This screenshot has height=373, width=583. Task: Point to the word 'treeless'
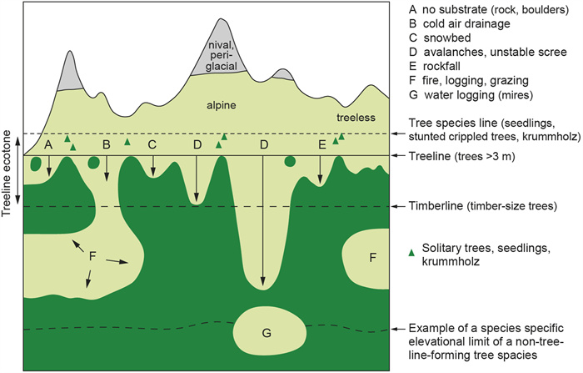(357, 118)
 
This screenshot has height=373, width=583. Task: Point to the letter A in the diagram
(48, 145)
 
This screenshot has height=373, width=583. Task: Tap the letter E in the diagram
(321, 145)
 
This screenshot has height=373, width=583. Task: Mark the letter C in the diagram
(152, 145)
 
